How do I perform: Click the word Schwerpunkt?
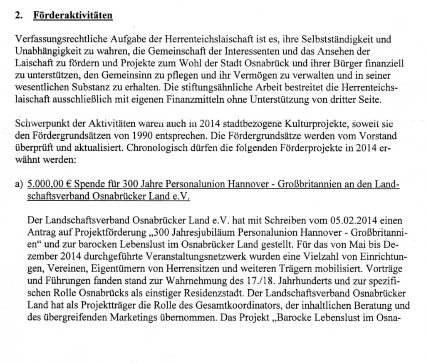point(37,124)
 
